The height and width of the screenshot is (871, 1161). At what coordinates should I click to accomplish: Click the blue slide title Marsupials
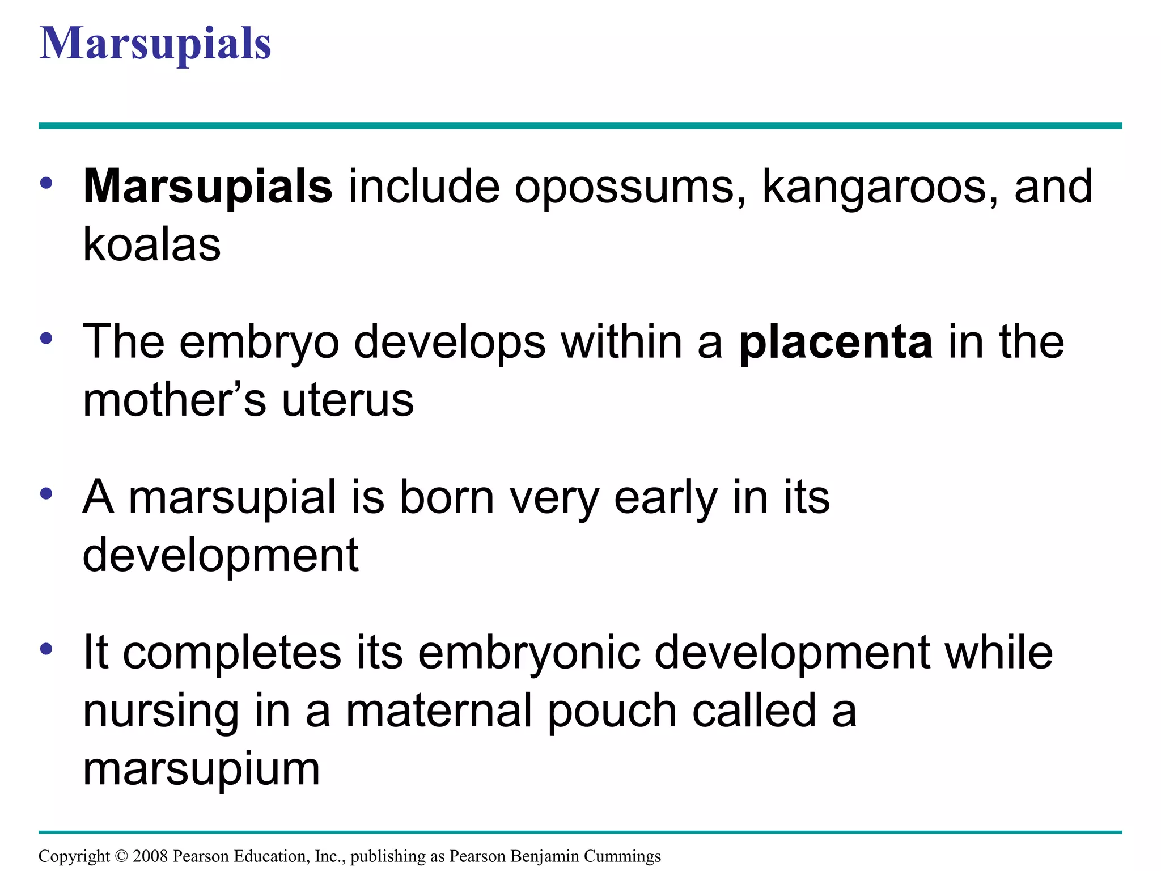[x=155, y=44]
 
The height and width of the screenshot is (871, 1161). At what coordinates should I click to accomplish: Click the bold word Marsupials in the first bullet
[x=207, y=186]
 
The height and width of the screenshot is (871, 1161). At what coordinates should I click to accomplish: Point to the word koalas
[x=152, y=244]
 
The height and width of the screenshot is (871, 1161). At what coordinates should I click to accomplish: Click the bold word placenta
[x=836, y=342]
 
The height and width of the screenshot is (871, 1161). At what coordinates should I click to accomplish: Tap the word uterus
[x=348, y=400]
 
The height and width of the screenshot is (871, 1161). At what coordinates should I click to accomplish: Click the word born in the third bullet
[x=447, y=497]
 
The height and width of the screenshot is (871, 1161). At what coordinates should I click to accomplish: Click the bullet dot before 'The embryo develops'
[x=46, y=339]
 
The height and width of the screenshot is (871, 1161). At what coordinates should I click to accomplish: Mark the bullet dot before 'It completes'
[x=46, y=649]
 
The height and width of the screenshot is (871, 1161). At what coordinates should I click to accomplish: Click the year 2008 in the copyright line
[x=150, y=856]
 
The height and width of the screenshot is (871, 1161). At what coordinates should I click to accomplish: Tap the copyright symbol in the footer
[x=121, y=856]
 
